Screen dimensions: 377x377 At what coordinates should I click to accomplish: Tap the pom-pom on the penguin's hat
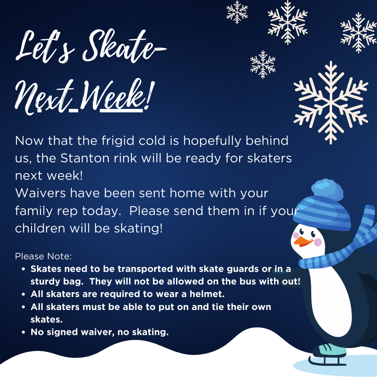(327, 189)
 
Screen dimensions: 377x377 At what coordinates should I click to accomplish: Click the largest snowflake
(331, 102)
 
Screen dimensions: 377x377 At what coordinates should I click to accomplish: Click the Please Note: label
(43, 256)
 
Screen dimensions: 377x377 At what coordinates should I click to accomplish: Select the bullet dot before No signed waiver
(23, 332)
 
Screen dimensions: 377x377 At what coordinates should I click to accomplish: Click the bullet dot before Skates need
(23, 269)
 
